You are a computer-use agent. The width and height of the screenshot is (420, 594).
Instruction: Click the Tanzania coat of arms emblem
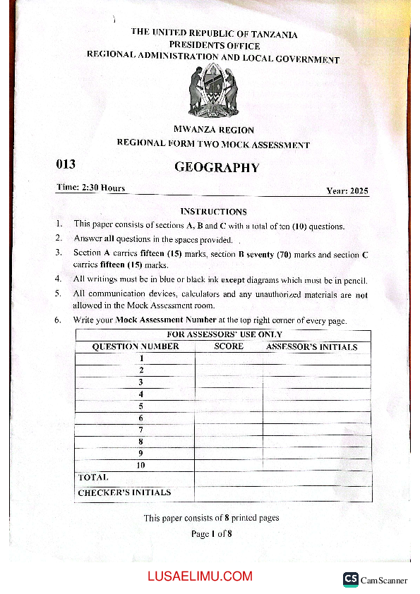pos(212,90)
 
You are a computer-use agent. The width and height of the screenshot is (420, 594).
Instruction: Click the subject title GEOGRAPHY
pos(217,168)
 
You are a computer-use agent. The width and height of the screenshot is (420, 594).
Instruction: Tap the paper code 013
pos(66,165)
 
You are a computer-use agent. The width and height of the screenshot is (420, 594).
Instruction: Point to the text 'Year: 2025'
pos(347,191)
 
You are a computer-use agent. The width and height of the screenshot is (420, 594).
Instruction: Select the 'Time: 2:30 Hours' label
pos(90,188)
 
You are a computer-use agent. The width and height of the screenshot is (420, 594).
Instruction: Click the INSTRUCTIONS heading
pos(213,211)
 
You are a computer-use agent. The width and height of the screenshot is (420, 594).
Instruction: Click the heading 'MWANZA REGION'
pos(213,130)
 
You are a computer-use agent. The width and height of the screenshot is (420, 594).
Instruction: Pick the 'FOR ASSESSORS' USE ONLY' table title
pos(224,334)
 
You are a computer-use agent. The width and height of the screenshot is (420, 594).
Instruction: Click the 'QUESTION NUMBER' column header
pos(136,346)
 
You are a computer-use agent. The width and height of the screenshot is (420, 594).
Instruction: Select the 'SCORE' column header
pos(229,346)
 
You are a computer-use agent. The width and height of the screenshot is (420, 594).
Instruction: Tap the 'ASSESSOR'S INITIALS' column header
pos(311,346)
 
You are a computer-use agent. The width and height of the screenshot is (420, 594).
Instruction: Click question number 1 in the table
pos(141,358)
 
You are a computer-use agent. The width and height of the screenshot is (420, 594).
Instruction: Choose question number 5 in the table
pos(141,406)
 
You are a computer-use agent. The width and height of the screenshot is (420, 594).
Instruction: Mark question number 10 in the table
pos(141,465)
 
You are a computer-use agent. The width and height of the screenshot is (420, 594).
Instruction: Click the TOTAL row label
pos(93,478)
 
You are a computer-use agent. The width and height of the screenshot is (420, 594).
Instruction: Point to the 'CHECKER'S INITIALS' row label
pos(124,492)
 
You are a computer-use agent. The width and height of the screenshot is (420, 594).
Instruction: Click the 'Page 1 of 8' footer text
pos(211,534)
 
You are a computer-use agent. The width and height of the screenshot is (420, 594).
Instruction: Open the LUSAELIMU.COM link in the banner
pos(200,576)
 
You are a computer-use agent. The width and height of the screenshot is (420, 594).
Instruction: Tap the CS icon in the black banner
pos(350,578)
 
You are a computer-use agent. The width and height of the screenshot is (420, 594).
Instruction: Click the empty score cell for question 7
pos(229,430)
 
